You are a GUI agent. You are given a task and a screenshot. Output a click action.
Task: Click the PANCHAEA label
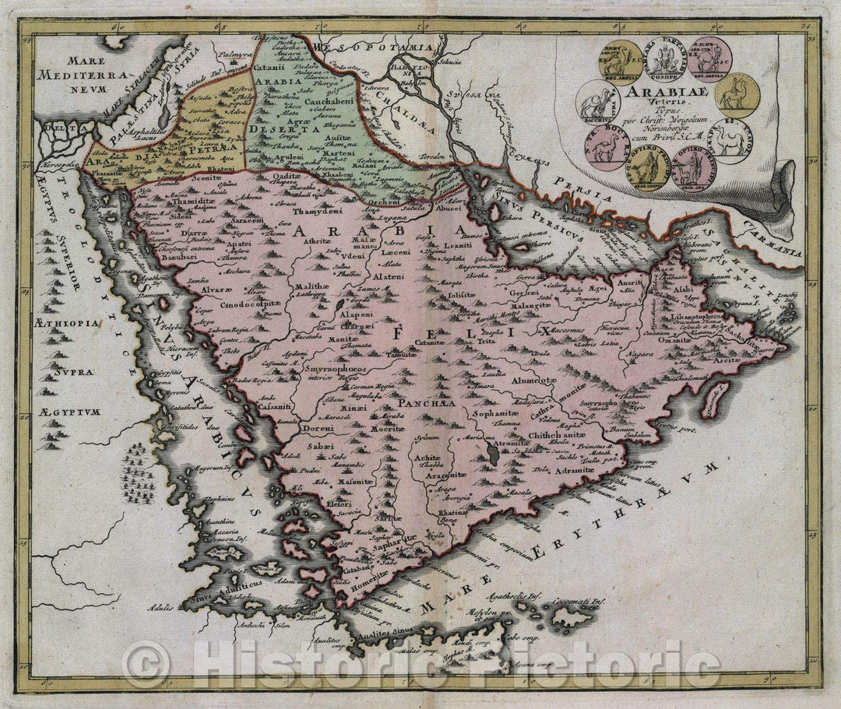pyautogui.click(x=421, y=405)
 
